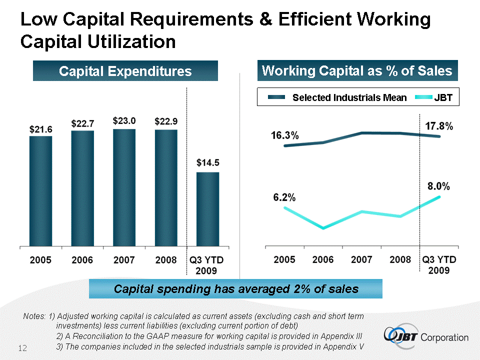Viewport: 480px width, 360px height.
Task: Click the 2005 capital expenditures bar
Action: coord(40,191)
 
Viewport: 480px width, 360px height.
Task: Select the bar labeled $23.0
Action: coord(124,187)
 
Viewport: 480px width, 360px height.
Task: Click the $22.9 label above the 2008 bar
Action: coord(166,121)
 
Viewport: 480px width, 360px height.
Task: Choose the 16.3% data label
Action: coord(285,135)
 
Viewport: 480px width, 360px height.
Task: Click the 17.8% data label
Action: coord(439,126)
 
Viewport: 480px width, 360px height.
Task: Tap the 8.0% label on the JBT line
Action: coord(438,186)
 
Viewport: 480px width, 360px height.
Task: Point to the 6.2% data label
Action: coord(284,197)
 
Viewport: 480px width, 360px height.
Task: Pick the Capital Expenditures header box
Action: coord(125,71)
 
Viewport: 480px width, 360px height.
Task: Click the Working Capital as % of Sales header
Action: coord(357,71)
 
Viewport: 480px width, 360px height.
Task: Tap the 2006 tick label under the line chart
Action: coord(323,260)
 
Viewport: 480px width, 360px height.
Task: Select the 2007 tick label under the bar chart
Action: coord(124,260)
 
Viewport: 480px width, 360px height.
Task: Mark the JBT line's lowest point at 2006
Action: coord(323,228)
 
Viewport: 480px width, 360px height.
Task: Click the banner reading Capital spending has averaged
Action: coord(236,288)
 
